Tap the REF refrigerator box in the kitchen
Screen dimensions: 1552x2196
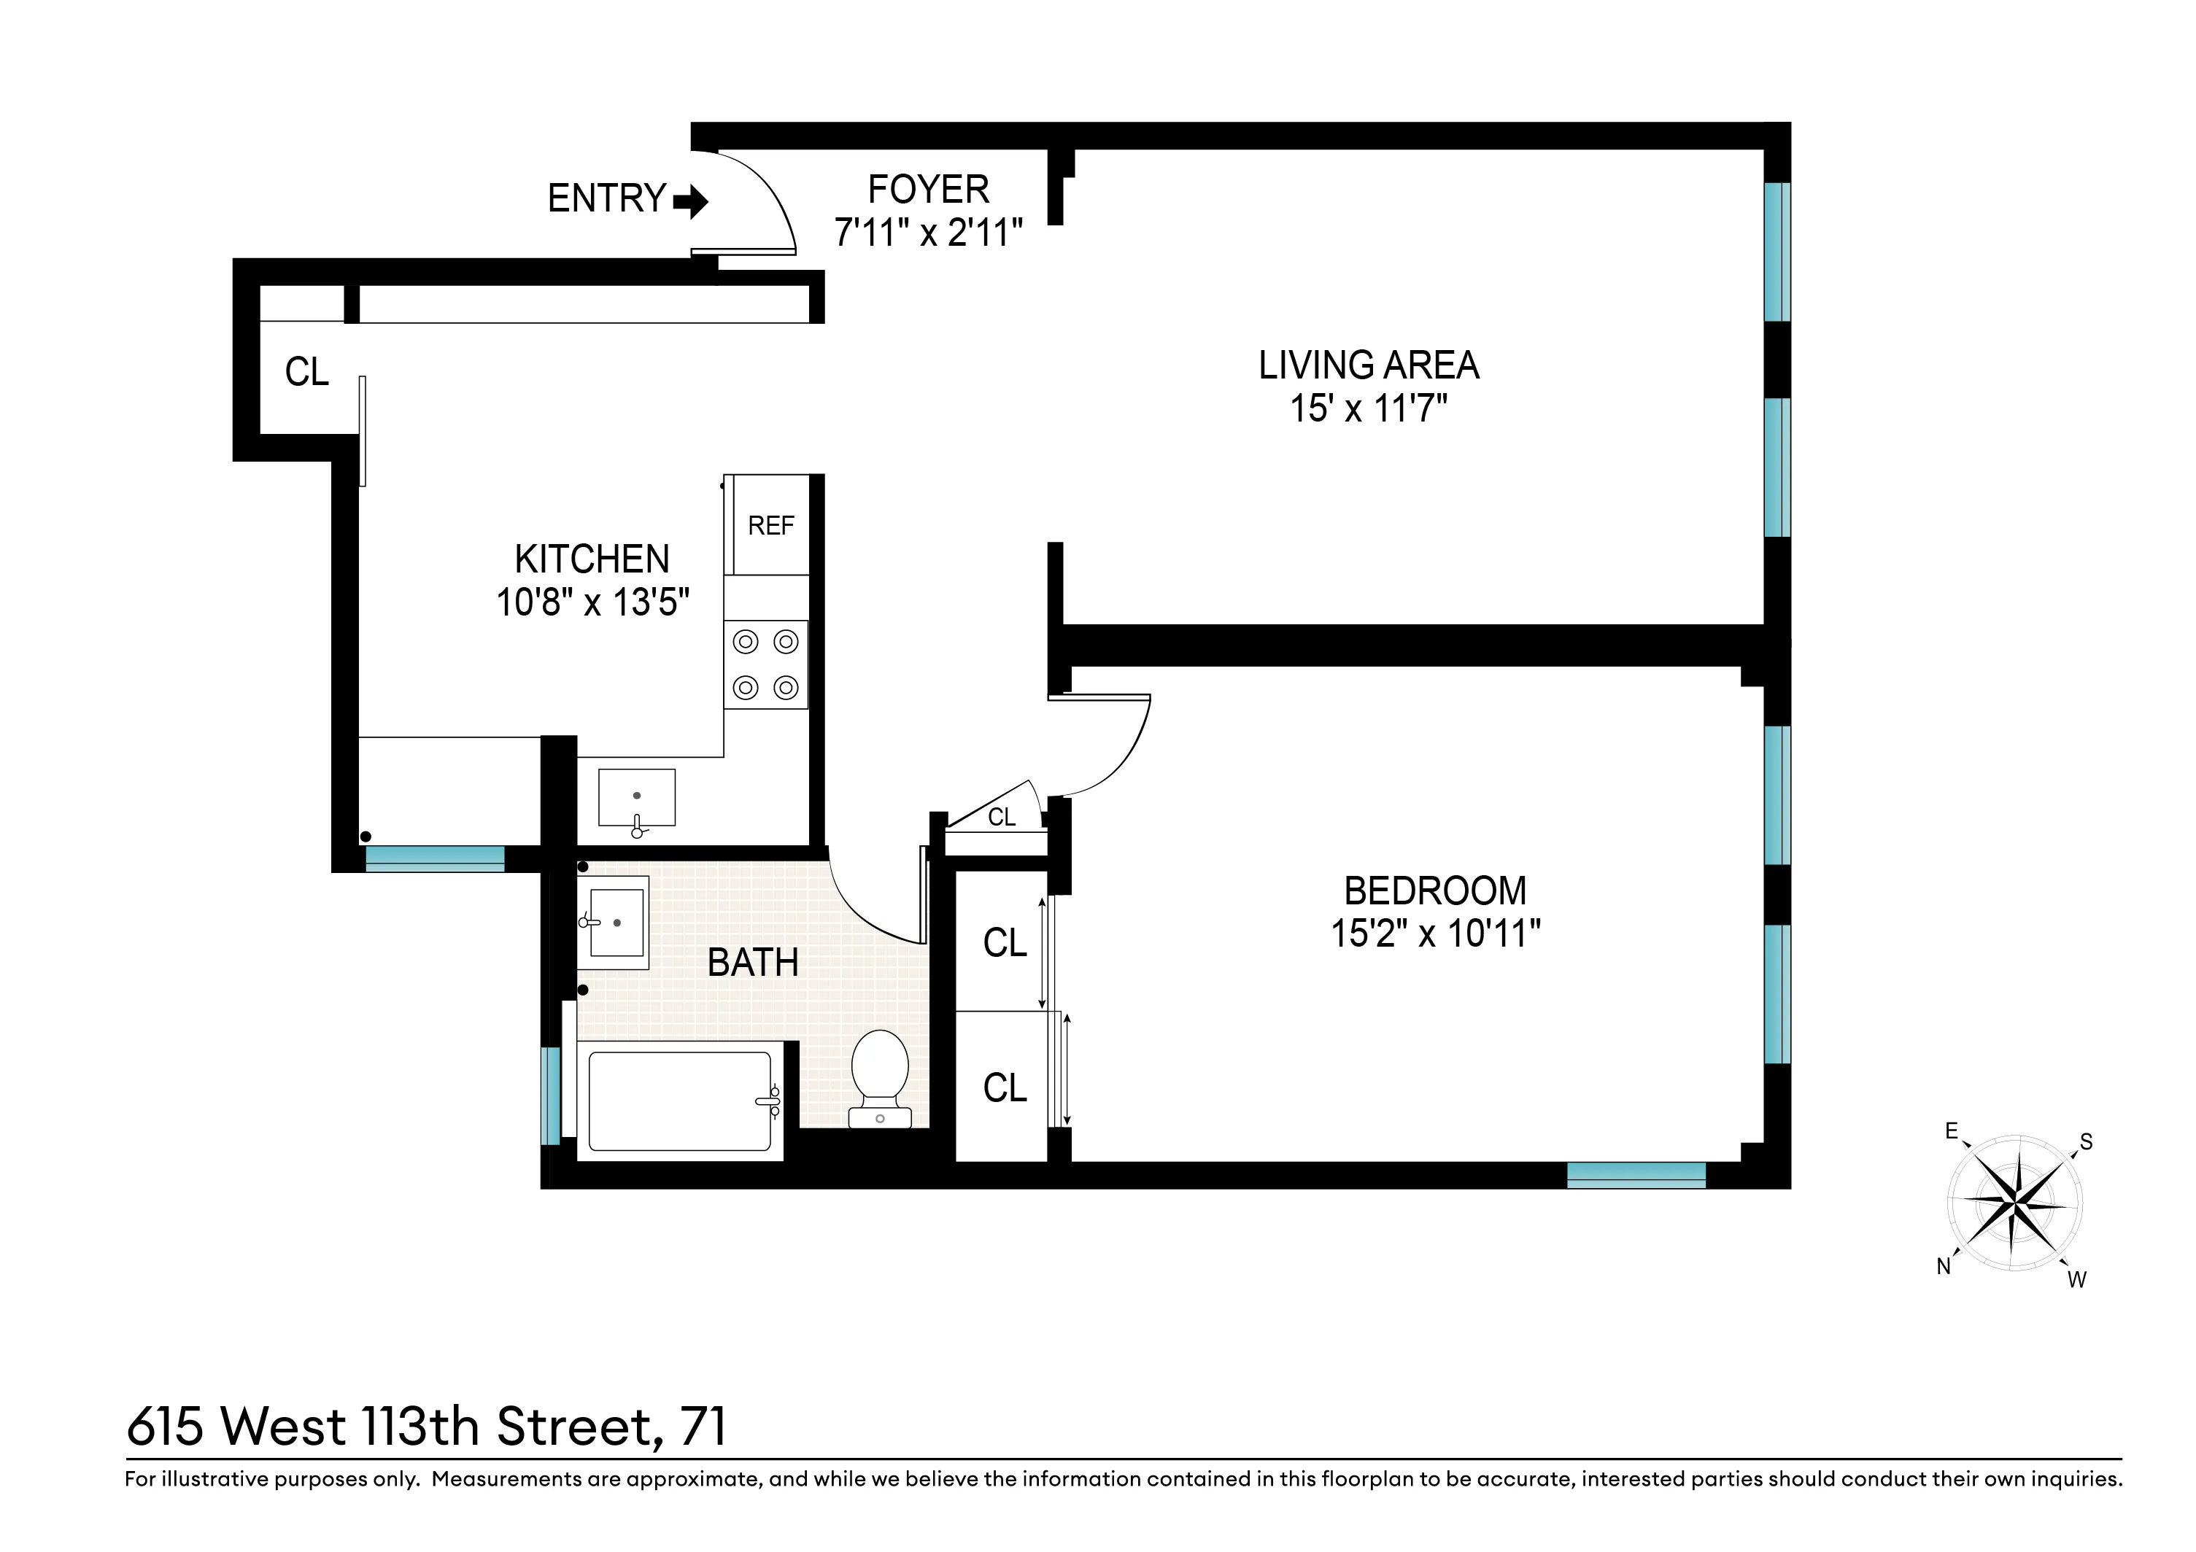[x=770, y=525]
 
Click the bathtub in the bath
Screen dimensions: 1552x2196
[x=679, y=1101]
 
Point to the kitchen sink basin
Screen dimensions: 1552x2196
[x=636, y=796]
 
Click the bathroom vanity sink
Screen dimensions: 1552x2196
[x=617, y=922]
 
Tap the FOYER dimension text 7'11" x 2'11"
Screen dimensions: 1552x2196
[x=928, y=233]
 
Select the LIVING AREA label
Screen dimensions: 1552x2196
[x=1368, y=365]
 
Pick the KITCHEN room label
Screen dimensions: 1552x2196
[x=592, y=559]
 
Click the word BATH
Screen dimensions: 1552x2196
[x=753, y=962]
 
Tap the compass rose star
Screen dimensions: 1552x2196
[x=2015, y=1201]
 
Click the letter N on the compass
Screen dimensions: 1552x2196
[x=1944, y=1266]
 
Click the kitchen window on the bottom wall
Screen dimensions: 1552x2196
[x=434, y=858]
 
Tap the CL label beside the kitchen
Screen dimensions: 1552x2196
[x=306, y=372]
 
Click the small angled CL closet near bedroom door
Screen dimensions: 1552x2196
[x=1000, y=815]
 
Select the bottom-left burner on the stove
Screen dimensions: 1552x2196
[x=745, y=686]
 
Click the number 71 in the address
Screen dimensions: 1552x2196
[x=703, y=1427]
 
